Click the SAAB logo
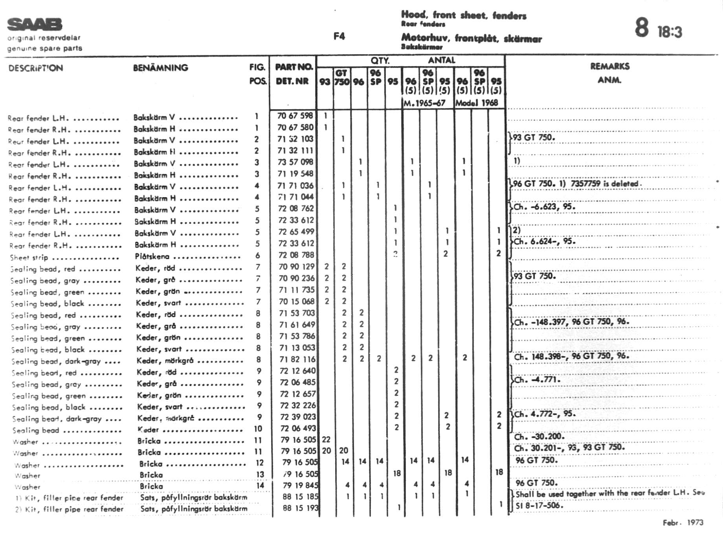point(35,24)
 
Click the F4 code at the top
point(339,37)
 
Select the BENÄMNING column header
point(160,68)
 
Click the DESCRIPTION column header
point(36,68)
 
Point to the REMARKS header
point(609,66)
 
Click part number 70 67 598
point(295,116)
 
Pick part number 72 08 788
point(296,255)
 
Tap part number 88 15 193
point(300,508)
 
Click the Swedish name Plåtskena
point(152,256)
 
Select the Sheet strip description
point(29,258)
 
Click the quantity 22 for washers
point(326,439)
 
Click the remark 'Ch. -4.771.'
point(537,380)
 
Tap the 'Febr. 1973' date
point(683,523)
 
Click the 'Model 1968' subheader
point(477,103)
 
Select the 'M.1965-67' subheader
point(424,103)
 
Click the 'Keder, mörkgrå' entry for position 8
point(165,360)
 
